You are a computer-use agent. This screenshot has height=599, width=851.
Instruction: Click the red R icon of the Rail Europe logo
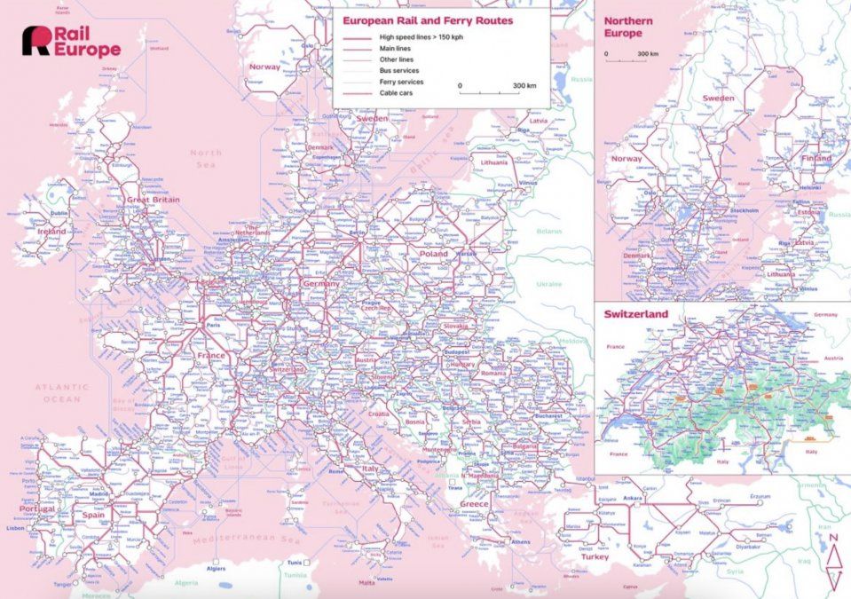pos(36,41)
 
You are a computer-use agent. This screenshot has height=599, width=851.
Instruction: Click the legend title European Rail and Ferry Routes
pos(428,20)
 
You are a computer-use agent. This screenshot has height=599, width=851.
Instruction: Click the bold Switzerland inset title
pos(636,314)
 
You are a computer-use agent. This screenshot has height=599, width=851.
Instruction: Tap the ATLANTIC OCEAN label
pos(62,393)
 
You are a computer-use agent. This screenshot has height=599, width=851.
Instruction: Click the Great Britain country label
pos(154,200)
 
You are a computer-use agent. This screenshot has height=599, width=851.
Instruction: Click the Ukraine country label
pos(548,284)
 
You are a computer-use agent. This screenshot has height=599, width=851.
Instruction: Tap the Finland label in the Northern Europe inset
pos(816,159)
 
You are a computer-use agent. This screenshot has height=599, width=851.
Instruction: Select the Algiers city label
pos(217,568)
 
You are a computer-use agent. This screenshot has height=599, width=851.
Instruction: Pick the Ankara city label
pos(632,498)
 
